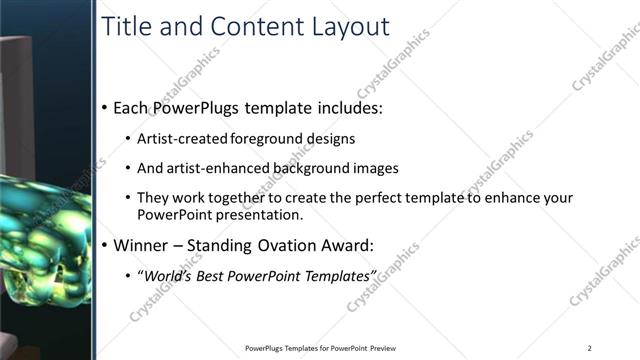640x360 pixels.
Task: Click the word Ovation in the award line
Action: pyautogui.click(x=309, y=244)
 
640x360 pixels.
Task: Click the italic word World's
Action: pyautogui.click(x=167, y=275)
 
